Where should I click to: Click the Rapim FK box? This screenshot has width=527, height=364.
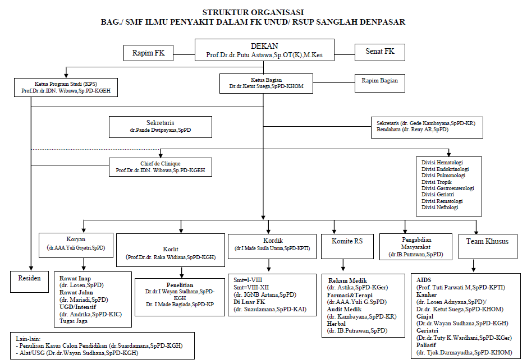pyautogui.click(x=148, y=53)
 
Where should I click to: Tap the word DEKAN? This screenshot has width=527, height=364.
pyautogui.click(x=264, y=46)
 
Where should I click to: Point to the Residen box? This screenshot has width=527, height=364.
pyautogui.click(x=29, y=279)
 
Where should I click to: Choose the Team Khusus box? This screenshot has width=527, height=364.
pyautogui.click(x=487, y=242)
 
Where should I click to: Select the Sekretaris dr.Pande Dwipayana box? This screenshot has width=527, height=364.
pyautogui.click(x=160, y=127)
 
